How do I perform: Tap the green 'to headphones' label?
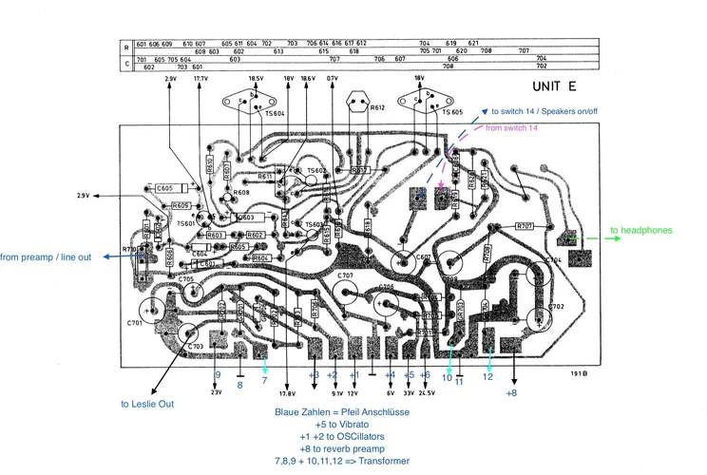(x=640, y=230)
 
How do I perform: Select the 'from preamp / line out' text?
(x=59, y=256)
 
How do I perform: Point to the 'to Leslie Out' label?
(x=146, y=404)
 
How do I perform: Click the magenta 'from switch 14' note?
(x=511, y=127)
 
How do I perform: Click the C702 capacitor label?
(x=556, y=307)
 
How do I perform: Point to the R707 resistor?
(x=525, y=226)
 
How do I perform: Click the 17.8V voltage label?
(x=287, y=392)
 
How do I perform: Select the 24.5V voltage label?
(x=426, y=392)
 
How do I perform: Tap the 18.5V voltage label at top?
(x=257, y=79)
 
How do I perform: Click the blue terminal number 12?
(x=487, y=376)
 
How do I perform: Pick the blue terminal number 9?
(x=217, y=375)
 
